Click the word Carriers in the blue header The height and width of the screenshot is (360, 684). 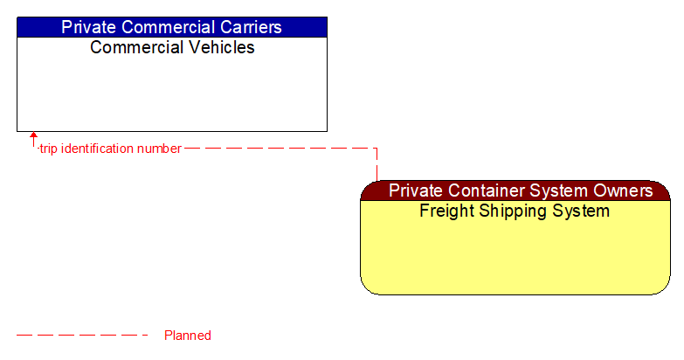[x=250, y=27]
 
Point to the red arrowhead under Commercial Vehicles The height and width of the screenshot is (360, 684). [x=34, y=136]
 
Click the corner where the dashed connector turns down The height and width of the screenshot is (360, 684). [x=377, y=149]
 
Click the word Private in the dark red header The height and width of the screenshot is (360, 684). [x=415, y=190]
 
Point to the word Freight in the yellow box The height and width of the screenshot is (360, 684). [x=446, y=211]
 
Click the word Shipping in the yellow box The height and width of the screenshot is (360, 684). [x=514, y=211]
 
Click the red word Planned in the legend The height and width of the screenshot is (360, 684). [x=188, y=336]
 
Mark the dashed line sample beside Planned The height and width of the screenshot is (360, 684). [x=82, y=336]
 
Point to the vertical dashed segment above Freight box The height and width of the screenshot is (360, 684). [x=377, y=166]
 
